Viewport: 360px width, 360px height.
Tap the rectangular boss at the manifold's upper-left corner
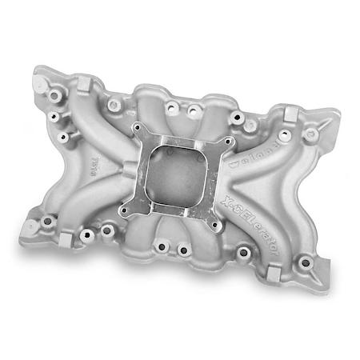tap(83, 84)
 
